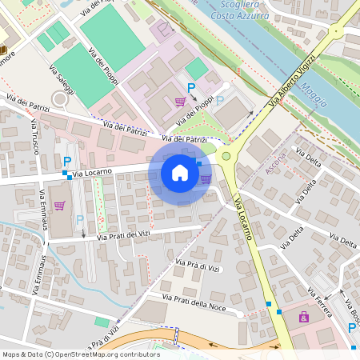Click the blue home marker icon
[x=180, y=172]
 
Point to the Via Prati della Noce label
[x=195, y=302]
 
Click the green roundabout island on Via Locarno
[x=226, y=157]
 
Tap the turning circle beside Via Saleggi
[x=59, y=99]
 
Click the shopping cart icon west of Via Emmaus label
[x=59, y=206]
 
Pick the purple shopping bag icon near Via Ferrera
[x=304, y=318]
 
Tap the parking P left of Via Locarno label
[x=66, y=162]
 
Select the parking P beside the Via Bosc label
[x=353, y=328]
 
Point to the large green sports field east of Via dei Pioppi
[x=113, y=37]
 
